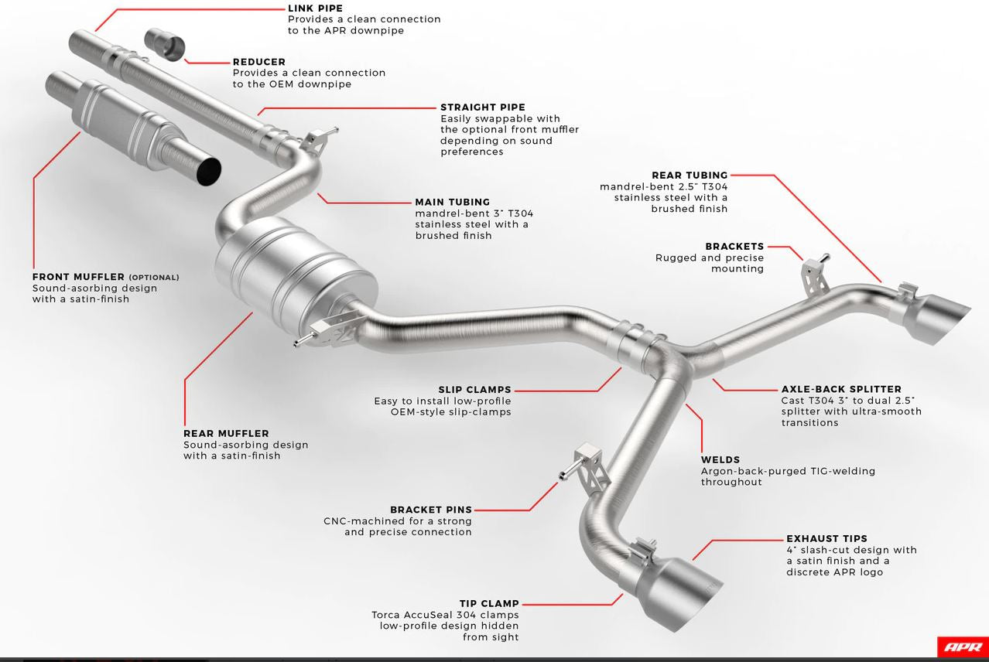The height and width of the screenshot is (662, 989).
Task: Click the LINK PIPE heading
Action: [315, 9]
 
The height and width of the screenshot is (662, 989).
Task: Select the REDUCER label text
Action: [259, 62]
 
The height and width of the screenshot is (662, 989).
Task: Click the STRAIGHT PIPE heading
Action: [483, 107]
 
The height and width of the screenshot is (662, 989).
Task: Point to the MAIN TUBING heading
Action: [453, 203]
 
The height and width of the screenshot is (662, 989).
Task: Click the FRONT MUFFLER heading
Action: [78, 277]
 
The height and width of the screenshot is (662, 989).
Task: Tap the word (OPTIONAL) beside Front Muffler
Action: [154, 278]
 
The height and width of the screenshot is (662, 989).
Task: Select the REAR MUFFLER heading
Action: [226, 434]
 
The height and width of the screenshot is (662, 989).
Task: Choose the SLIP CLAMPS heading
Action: [474, 390]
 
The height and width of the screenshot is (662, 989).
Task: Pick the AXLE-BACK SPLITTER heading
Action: [841, 390]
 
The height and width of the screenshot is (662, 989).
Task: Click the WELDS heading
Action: [720, 459]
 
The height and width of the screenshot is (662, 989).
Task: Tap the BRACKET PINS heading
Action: [431, 510]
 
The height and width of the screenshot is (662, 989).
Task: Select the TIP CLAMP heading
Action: [489, 604]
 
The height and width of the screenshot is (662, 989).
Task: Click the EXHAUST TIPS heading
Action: [826, 539]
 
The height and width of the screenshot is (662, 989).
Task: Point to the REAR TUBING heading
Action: [690, 176]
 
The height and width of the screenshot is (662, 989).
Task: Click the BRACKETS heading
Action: [734, 247]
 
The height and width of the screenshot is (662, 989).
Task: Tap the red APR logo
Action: [963, 647]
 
